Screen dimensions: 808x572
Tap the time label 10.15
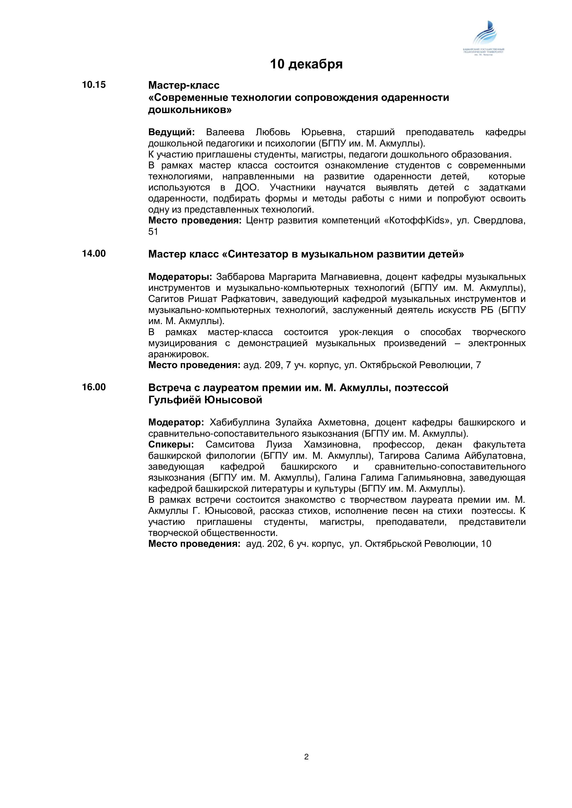[x=94, y=85]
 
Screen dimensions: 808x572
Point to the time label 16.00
[x=94, y=387]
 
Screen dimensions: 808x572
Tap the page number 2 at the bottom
[x=306, y=757]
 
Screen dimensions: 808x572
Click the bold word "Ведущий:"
[x=171, y=132]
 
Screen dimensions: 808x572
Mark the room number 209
[x=272, y=365]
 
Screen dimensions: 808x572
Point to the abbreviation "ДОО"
[x=246, y=187]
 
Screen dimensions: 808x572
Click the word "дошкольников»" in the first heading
[x=190, y=110]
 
